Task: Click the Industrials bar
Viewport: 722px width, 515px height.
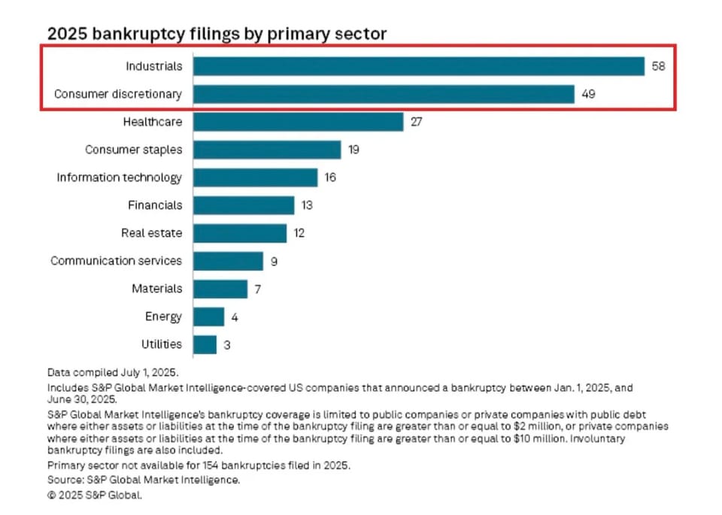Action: pos(419,66)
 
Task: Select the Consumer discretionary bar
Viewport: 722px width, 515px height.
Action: pos(384,94)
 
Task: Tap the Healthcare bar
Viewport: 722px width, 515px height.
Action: pos(299,122)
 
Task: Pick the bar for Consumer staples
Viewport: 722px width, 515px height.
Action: pos(267,150)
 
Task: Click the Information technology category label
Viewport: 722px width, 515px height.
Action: pos(120,177)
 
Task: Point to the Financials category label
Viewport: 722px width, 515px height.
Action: pos(153,205)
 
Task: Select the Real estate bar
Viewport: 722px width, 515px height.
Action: pos(240,233)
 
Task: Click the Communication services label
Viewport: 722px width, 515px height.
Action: pos(116,261)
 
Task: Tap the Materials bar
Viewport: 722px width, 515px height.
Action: pos(220,289)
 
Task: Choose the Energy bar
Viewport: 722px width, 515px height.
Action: pos(208,317)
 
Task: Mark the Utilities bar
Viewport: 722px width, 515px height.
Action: pos(205,344)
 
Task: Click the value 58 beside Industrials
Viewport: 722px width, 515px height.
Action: pos(659,66)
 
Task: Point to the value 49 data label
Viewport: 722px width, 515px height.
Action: pos(588,94)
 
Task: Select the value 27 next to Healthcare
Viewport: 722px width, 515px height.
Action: pos(417,122)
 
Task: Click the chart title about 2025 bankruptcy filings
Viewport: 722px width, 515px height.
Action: pos(217,34)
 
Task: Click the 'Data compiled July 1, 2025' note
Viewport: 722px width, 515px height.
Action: pos(113,372)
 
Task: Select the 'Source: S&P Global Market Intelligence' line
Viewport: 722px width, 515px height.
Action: pos(144,480)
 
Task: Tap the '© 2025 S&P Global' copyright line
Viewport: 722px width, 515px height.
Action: pos(94,495)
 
